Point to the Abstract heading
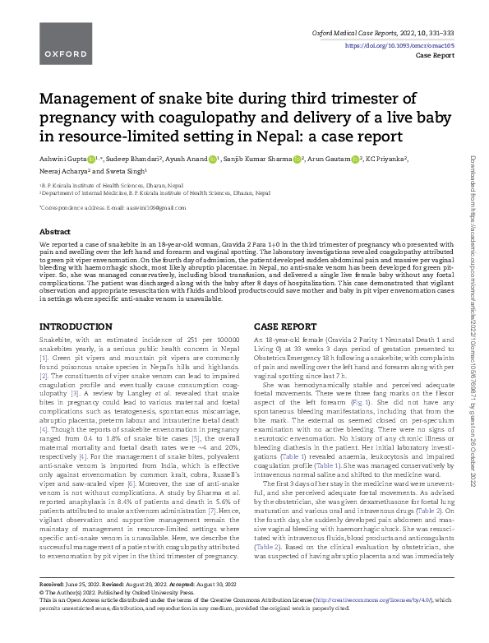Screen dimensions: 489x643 [x=55, y=232]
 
